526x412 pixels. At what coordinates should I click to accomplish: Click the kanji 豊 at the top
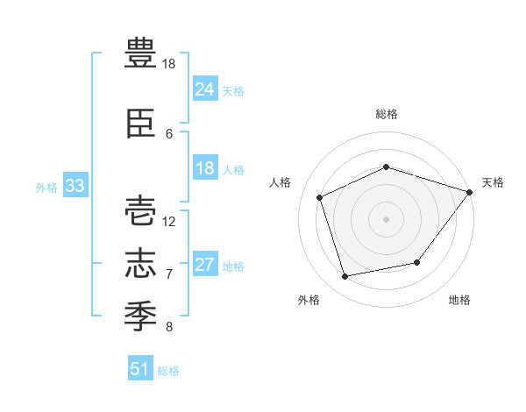(x=140, y=53)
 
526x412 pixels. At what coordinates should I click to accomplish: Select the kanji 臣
(x=140, y=124)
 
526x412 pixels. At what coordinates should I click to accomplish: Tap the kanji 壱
(x=140, y=211)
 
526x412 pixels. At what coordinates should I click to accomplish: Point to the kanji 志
(x=140, y=263)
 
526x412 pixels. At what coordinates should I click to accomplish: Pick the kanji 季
(x=140, y=316)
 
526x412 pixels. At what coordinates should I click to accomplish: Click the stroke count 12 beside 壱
(x=168, y=222)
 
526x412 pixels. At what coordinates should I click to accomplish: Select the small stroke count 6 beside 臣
(x=169, y=134)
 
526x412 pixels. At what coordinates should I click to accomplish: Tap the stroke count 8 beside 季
(x=169, y=326)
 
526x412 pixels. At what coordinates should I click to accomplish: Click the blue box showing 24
(x=205, y=89)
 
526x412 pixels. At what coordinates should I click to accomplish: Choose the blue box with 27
(x=205, y=263)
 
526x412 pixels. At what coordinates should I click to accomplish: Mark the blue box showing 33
(x=75, y=185)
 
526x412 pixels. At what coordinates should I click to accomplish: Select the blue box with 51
(x=140, y=367)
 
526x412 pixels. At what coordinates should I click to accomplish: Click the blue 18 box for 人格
(x=205, y=167)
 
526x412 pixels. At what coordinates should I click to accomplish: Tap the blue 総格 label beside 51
(x=168, y=371)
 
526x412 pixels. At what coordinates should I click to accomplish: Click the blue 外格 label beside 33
(x=46, y=188)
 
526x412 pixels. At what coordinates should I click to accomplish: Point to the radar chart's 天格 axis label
(x=493, y=182)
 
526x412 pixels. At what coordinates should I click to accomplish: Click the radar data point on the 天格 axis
(x=469, y=192)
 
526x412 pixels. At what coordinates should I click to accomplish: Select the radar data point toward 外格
(x=345, y=276)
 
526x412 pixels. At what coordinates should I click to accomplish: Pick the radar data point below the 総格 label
(x=386, y=167)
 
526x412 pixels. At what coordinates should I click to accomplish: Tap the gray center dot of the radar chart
(x=386, y=219)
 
